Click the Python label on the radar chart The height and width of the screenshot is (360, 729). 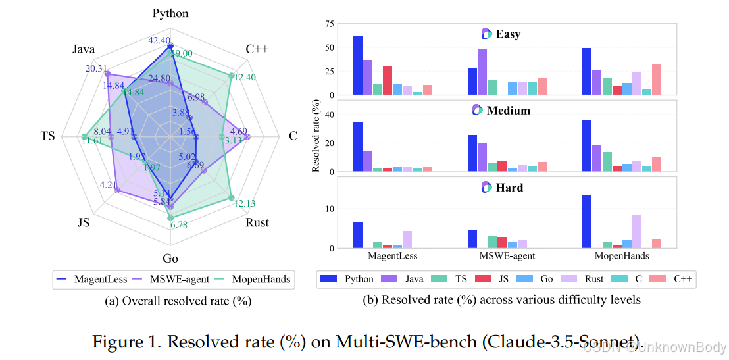point(170,13)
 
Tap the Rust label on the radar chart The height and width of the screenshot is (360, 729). point(257,222)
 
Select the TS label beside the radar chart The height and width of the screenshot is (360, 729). point(47,136)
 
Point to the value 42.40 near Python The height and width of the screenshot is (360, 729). point(160,41)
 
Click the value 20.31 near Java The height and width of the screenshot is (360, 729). point(96,68)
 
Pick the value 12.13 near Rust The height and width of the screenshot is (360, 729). point(245,203)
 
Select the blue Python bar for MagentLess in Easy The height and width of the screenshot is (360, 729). point(358,65)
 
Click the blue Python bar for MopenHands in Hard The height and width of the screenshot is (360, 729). point(587,222)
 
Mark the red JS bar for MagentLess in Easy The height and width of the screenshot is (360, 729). point(388,80)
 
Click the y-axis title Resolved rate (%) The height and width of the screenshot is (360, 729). point(316,136)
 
